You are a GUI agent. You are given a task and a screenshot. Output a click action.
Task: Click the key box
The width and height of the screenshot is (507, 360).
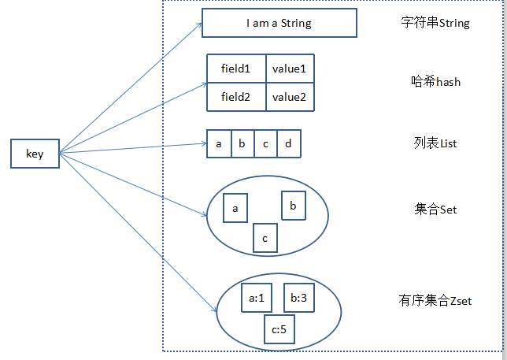pos(35,154)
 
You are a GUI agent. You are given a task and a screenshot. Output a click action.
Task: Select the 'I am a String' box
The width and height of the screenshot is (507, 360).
pos(279,23)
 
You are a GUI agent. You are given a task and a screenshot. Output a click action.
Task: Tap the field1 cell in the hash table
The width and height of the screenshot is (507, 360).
pos(236,69)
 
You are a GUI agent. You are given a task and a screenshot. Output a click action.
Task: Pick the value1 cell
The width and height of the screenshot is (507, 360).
pos(289,69)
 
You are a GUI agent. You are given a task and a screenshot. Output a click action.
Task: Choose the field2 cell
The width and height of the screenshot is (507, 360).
pos(236,97)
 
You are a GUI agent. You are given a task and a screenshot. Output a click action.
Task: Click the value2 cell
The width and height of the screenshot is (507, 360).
pos(289,97)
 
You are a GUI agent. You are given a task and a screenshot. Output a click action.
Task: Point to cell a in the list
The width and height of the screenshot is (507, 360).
pos(218,144)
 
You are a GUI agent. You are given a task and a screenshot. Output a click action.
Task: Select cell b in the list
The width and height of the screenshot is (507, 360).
pos(242,144)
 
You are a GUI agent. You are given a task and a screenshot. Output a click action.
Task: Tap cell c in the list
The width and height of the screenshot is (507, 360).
pos(265,144)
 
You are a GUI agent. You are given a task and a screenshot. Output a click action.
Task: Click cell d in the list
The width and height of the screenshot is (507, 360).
pos(288,144)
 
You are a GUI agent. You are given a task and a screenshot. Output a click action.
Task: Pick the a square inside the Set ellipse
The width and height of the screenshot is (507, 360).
pos(235,209)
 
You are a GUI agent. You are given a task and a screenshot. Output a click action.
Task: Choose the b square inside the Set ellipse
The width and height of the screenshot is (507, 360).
pos(294,206)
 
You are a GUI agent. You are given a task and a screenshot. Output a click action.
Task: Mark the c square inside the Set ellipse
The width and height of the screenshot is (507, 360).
pos(265,238)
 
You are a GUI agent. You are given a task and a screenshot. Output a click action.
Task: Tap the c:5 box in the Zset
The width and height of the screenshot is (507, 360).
pos(279,328)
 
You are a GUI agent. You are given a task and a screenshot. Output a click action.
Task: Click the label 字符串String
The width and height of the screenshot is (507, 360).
pos(435,23)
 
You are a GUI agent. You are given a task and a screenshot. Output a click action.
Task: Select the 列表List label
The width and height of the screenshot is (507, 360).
pos(435,143)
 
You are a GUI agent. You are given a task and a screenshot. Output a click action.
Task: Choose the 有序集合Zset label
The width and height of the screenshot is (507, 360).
pos(435,300)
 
